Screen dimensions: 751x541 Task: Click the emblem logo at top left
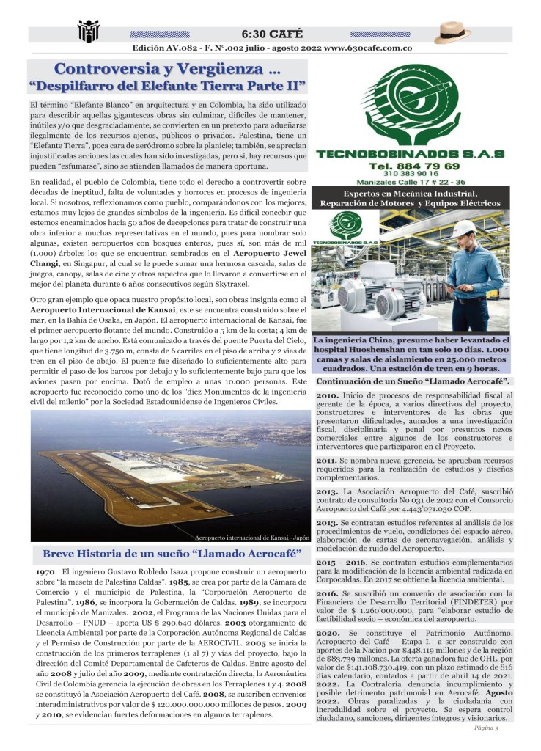click(88, 32)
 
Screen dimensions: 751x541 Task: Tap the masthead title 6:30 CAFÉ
click(271, 34)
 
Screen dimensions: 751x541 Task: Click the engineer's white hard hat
click(464, 227)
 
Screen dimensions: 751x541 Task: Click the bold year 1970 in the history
click(46, 571)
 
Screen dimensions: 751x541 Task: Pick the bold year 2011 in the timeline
click(328, 460)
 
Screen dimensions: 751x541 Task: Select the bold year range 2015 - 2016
click(342, 561)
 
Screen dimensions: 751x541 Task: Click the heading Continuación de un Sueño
click(413, 381)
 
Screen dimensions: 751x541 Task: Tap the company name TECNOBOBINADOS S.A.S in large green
click(410, 153)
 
